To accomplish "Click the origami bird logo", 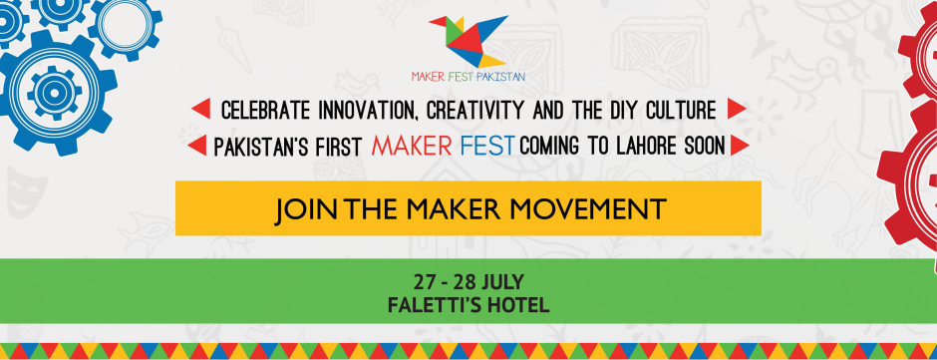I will tap(468, 39).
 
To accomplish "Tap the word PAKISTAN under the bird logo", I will tap(498, 76).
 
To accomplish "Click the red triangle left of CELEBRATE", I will tap(199, 109).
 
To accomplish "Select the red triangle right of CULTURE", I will tap(737, 109).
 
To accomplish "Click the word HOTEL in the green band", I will tap(521, 306).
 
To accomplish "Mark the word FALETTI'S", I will tap(436, 306).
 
